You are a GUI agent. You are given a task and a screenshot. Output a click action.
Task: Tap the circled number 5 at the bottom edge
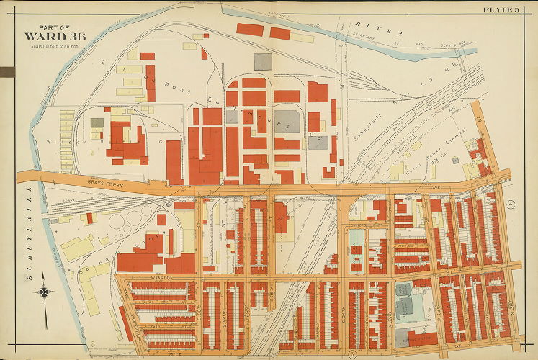[x=351, y=354]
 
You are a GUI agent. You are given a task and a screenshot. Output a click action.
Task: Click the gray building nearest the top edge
[x=263, y=61]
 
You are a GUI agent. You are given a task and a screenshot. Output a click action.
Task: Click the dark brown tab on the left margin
[x=7, y=71]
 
